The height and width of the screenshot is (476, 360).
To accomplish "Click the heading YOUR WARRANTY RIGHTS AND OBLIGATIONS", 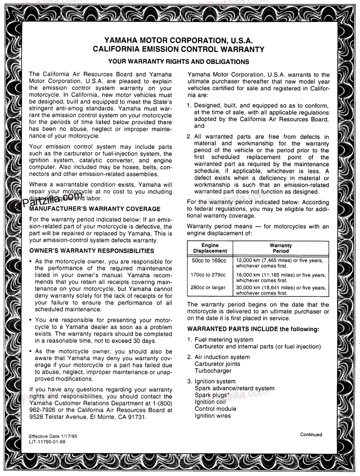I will point(179,61).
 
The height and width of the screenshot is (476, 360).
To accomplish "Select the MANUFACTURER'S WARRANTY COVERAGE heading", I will point(95,209).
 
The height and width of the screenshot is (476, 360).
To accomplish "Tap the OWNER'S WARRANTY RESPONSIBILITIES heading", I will point(92,251).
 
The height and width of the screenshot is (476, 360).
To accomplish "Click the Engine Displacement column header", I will point(210,248).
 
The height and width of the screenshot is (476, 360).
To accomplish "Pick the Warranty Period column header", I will point(281,248).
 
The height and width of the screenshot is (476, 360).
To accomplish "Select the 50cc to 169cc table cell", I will point(208,261).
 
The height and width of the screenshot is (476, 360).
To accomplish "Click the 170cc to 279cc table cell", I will point(208,275).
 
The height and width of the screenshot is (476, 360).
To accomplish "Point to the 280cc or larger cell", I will point(208,288).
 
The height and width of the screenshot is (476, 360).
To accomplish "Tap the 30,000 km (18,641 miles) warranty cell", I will point(281,290).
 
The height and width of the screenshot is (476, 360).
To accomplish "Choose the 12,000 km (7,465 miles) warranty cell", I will point(279,263).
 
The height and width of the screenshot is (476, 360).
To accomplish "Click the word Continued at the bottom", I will point(311,434).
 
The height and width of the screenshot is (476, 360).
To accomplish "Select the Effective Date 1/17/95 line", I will point(53,436).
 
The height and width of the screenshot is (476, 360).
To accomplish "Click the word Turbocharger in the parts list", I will point(213,371).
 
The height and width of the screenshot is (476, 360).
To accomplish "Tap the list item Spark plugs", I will point(212,395).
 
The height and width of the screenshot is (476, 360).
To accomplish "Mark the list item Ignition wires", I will point(212,416).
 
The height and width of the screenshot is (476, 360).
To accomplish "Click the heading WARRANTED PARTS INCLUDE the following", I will point(253,329).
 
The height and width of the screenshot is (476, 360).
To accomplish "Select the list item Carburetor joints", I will point(217,364).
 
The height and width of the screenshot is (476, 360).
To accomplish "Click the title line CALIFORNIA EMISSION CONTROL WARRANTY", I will point(179,50).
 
